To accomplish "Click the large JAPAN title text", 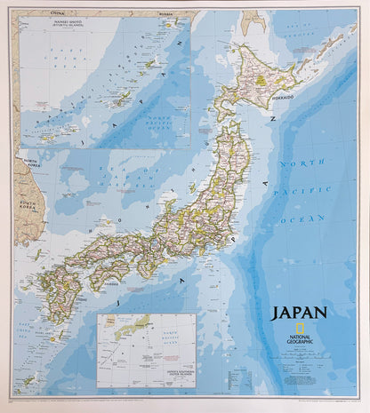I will pos(299,313).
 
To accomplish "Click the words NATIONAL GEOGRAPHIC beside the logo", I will pos(299,330).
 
